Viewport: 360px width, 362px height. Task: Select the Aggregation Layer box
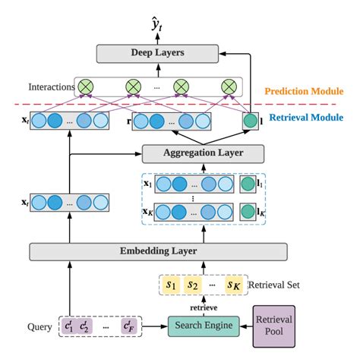point(203,153)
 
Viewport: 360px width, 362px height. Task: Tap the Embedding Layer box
point(158,252)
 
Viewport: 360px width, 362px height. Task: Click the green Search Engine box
point(204,327)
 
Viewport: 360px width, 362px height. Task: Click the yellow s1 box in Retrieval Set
point(171,286)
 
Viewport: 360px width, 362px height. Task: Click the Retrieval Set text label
point(279,286)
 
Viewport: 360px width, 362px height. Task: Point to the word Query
point(39,327)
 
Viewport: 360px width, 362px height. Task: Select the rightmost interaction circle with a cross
point(226,86)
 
